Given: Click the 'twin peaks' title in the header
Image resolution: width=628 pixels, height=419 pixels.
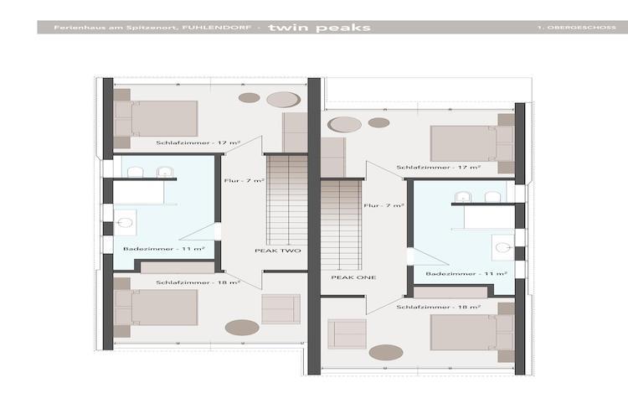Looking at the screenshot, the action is click(319, 28).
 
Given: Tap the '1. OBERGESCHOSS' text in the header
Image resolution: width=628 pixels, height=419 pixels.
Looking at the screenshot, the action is click(577, 28).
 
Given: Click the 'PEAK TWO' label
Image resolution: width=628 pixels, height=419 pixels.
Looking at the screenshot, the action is click(277, 251).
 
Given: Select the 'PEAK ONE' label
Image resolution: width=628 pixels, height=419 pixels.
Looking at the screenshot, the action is click(353, 277).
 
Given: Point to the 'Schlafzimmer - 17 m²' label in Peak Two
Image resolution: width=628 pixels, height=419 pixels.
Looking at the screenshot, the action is click(198, 142).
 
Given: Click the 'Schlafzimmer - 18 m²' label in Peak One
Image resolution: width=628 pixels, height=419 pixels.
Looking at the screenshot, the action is click(439, 308).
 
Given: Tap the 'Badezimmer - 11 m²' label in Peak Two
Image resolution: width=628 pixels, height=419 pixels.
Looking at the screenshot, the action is click(164, 249).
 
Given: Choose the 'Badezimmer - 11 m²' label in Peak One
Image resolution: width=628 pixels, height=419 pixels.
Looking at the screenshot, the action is click(466, 274).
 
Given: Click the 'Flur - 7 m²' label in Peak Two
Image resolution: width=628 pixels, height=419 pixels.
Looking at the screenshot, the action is click(245, 181).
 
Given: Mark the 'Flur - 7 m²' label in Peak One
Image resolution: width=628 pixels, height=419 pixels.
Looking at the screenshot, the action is click(383, 205).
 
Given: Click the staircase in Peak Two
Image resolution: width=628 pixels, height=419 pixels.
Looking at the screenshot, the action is click(287, 200).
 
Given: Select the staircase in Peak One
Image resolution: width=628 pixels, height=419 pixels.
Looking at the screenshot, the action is click(342, 225).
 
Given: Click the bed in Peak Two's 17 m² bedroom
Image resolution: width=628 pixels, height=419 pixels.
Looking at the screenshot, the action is click(156, 119).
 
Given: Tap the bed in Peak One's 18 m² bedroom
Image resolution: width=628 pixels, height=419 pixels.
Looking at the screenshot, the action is click(472, 333).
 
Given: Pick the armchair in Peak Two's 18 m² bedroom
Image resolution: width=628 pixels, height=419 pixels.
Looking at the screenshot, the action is click(281, 309).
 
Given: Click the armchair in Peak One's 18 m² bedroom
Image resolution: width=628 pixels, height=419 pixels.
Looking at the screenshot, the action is click(347, 334).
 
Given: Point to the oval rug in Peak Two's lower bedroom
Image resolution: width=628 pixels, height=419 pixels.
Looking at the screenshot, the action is click(242, 327).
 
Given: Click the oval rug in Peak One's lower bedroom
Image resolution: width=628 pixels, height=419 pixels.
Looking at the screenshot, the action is click(386, 353).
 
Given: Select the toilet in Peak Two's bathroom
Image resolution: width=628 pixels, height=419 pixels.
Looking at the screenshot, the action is click(125, 223).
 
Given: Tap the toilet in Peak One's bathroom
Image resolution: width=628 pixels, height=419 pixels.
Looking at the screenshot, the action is click(503, 247).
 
